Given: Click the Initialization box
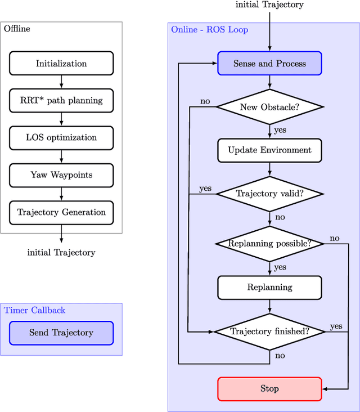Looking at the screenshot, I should (x=61, y=64).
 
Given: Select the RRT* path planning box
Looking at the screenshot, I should (x=61, y=101).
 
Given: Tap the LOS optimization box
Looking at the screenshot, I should (x=61, y=138).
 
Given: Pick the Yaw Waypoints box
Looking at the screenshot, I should (x=61, y=175).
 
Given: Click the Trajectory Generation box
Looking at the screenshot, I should (x=61, y=212).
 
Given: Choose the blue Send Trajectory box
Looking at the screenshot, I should (x=61, y=333).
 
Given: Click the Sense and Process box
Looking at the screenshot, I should (x=269, y=64).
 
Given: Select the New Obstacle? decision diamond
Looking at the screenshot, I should (x=269, y=107).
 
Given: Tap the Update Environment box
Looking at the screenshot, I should (x=269, y=150).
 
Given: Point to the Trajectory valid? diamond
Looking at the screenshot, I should (x=269, y=194).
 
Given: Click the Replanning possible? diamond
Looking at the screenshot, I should (x=269, y=244).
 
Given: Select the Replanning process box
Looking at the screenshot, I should (x=269, y=287).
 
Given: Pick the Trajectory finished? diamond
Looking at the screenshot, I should (x=269, y=332).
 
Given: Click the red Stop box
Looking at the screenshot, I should (x=269, y=388).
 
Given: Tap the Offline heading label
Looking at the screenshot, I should (x=17, y=29).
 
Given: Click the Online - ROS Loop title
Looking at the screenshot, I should (x=209, y=29).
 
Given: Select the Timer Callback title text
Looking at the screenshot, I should (x=35, y=310).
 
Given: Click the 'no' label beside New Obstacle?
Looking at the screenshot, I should (x=205, y=101).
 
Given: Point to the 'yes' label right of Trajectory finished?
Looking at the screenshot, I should (x=336, y=326).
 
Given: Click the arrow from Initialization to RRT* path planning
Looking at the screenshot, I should (x=61, y=82).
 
